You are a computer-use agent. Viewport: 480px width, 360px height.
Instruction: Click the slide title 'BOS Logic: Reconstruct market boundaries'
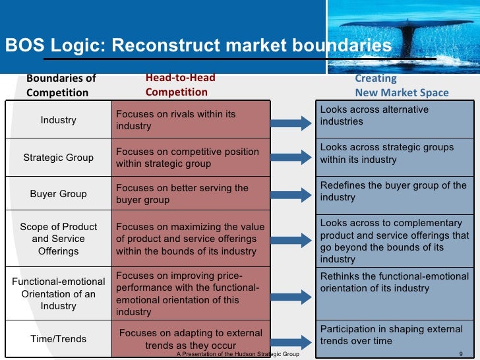198,46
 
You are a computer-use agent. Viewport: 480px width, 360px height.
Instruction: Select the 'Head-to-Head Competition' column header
180,85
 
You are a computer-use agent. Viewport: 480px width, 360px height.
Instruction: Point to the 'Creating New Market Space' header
402,86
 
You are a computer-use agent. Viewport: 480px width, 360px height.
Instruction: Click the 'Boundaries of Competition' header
61,85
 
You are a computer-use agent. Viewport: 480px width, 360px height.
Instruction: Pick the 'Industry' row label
58,120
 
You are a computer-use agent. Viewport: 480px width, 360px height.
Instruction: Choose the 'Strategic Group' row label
58,158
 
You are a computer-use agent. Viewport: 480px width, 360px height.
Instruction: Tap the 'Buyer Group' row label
58,194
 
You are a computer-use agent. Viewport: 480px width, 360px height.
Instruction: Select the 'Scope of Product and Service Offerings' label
58,239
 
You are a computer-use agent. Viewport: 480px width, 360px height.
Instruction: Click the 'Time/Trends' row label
58,339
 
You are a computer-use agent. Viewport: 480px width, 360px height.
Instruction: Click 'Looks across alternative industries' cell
394,115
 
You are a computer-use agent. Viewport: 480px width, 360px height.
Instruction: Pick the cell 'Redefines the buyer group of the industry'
394,191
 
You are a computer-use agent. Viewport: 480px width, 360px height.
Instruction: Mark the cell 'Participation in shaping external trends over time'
394,335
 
